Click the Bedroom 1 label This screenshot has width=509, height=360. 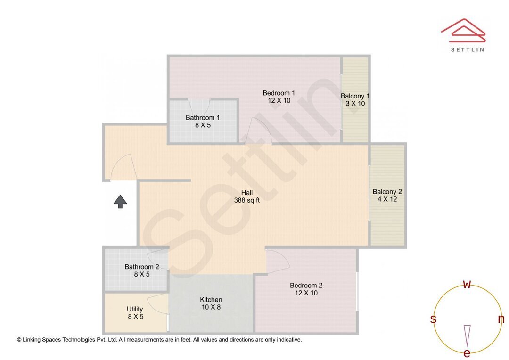[279, 97]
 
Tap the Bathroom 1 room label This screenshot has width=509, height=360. [202, 121]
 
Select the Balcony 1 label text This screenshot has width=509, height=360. [355, 99]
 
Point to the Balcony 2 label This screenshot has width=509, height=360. [387, 195]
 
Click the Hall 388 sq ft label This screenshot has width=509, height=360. [247, 196]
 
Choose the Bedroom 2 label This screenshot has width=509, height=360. [306, 289]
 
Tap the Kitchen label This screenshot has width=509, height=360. [211, 303]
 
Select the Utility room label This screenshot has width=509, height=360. [135, 313]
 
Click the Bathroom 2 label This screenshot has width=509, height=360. [141, 270]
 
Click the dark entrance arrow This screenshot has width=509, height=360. [120, 201]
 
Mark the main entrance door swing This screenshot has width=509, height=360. [123, 167]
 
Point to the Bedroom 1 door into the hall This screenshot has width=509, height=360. [257, 131]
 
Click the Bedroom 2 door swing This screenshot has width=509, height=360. [278, 261]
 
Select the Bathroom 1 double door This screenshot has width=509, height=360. [199, 105]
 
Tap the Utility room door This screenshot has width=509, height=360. [158, 304]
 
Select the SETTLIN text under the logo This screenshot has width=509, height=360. [467, 49]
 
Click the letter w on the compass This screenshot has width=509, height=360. [467, 284]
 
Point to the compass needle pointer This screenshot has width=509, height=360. [467, 335]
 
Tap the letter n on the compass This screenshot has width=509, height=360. [501, 319]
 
